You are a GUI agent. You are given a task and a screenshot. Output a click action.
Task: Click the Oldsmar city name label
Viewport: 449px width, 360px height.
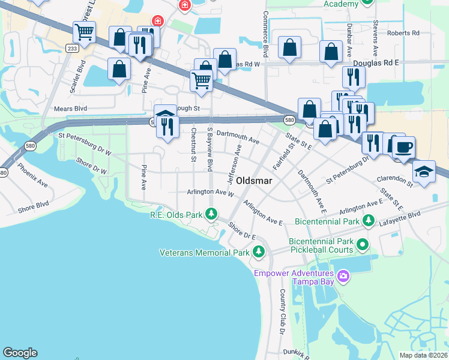point(255,180)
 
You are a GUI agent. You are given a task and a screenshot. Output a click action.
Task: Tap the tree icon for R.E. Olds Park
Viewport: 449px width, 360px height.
point(211,214)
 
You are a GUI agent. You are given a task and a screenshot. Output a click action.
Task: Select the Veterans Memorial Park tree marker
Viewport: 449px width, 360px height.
point(259,252)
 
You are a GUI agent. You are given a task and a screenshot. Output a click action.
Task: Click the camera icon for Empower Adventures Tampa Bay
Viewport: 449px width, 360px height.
point(343,275)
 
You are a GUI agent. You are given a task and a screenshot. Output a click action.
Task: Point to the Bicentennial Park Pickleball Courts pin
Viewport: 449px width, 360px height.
point(362,245)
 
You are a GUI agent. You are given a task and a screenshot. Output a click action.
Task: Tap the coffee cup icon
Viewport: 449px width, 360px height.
point(404,147)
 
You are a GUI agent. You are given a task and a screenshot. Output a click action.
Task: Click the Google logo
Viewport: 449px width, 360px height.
point(20,353)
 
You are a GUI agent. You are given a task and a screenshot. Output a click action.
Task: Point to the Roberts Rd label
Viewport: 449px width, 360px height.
point(403,33)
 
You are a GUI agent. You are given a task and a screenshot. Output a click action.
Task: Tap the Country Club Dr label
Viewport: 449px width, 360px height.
point(282,311)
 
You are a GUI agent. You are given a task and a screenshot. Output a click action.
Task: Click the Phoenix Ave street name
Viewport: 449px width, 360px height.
point(32,175)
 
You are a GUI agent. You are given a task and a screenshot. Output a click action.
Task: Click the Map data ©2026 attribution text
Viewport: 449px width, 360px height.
point(423,355)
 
